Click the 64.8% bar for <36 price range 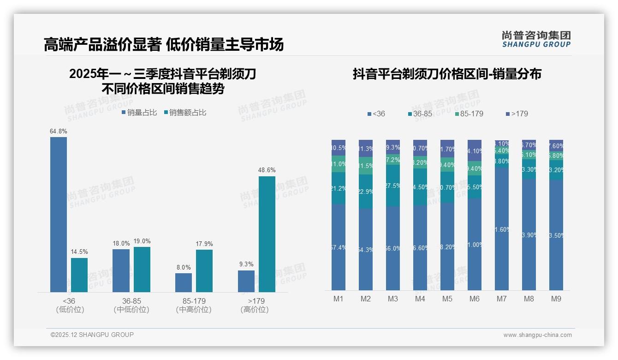(59, 215)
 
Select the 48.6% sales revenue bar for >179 (267, 234)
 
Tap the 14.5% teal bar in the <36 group (79, 275)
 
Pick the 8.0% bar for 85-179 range (183, 282)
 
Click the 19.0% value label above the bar (142, 241)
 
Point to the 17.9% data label (204, 244)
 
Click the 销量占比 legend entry (139, 112)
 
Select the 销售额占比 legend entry (185, 112)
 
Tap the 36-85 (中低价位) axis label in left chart (131, 305)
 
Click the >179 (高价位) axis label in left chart (255, 305)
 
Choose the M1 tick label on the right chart (339, 299)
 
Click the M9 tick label (556, 299)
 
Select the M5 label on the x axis (447, 299)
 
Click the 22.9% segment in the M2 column (365, 191)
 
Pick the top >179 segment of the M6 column (475, 150)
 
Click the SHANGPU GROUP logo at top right (536, 39)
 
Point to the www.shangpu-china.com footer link (537, 335)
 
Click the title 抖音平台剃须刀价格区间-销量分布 (447, 74)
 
